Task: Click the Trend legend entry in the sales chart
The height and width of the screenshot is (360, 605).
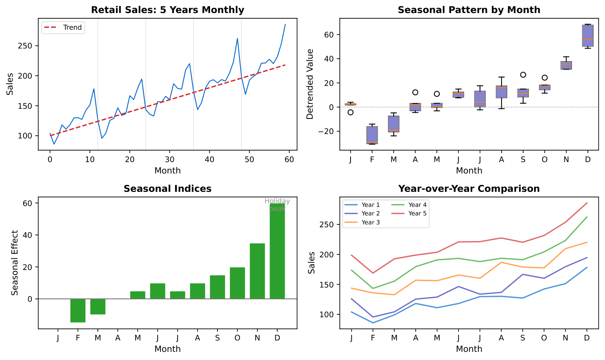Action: (x=64, y=28)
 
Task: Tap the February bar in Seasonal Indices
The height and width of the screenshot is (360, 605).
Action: (x=78, y=310)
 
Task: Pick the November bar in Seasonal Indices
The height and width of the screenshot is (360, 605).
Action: (x=257, y=271)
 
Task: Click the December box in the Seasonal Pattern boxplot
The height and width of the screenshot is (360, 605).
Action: (x=587, y=36)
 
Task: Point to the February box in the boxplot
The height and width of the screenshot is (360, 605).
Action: (x=372, y=135)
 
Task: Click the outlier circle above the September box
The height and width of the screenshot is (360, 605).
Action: (x=523, y=75)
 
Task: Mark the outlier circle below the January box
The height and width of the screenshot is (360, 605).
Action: (x=351, y=112)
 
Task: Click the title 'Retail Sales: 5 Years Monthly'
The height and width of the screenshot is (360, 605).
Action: (x=167, y=10)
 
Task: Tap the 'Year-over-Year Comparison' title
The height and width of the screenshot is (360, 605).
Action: (x=469, y=189)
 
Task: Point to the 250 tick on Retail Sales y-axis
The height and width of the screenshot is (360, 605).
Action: (x=26, y=46)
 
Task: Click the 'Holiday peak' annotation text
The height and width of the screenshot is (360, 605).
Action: (x=277, y=205)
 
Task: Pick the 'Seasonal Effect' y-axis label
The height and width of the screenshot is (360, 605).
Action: (x=15, y=263)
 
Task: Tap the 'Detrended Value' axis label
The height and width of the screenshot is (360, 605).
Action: (x=310, y=84)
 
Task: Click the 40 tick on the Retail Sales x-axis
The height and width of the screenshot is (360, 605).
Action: (x=209, y=160)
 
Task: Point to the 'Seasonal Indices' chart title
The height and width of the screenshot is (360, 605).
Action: (x=167, y=189)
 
